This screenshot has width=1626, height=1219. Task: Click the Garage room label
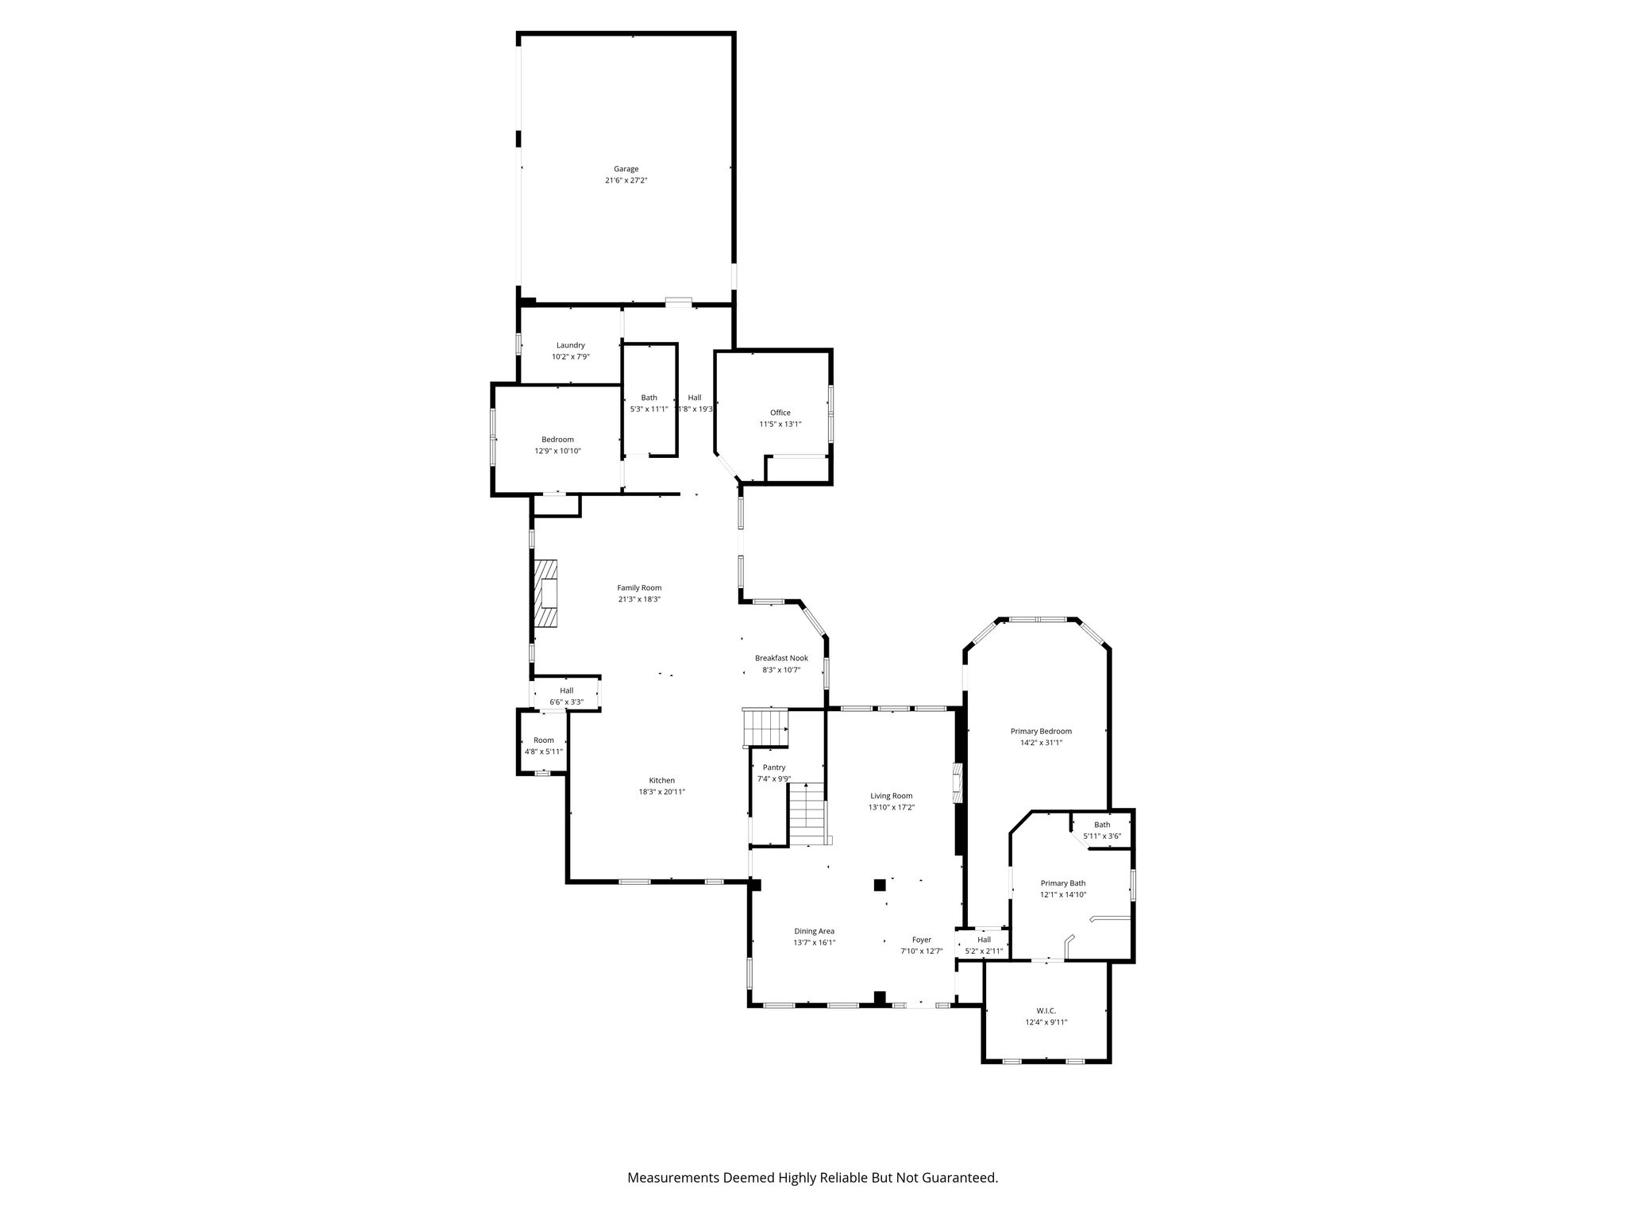point(626,169)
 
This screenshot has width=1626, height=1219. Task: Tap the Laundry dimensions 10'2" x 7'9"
point(571,357)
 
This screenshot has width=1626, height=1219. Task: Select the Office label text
point(780,413)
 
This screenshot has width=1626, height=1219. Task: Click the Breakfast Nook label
point(781,658)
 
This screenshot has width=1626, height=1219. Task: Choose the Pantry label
point(774,767)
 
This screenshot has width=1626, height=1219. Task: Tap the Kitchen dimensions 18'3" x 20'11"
point(662,791)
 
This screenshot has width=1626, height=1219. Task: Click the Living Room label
point(892,796)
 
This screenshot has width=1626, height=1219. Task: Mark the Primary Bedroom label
point(1041,732)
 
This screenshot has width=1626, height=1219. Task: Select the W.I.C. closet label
point(1046,1010)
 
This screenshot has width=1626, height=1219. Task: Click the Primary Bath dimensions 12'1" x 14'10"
point(1063,894)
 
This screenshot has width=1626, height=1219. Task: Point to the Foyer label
point(922,940)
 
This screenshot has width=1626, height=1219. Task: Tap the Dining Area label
point(815,931)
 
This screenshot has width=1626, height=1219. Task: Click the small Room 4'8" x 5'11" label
point(544,746)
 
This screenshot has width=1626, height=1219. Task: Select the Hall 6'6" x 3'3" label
point(566,696)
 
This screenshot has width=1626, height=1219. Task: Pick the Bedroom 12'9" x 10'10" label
point(557,445)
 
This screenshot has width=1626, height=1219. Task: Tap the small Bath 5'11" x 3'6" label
point(1102,830)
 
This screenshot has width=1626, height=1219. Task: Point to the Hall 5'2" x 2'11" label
point(984,945)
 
